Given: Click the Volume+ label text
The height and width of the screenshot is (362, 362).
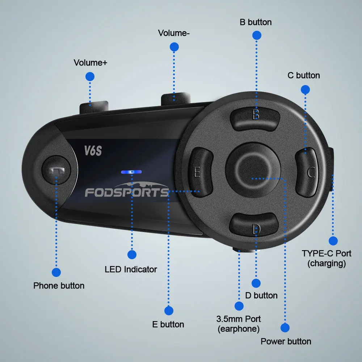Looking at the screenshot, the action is pos(90,63).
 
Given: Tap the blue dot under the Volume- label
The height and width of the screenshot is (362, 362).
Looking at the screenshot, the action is pos(174,47).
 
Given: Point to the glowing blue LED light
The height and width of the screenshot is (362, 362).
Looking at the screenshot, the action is pos(131,172).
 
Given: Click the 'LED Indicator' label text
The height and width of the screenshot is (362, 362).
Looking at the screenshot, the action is pos(131,269).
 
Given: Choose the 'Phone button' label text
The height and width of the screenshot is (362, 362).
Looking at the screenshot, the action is pos(59,286).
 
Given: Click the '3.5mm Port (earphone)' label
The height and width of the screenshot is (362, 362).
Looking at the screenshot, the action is pos(239,324).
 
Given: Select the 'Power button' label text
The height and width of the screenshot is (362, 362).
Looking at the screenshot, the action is pos(286,341).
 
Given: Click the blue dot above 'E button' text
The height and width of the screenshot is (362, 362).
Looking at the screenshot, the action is pos(169,311).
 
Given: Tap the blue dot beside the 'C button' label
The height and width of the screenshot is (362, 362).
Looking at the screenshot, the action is pos(305,89).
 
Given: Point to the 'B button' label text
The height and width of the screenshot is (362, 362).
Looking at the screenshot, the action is pos(256,22).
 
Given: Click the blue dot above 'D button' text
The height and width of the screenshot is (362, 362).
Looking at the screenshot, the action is pos(256,283).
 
